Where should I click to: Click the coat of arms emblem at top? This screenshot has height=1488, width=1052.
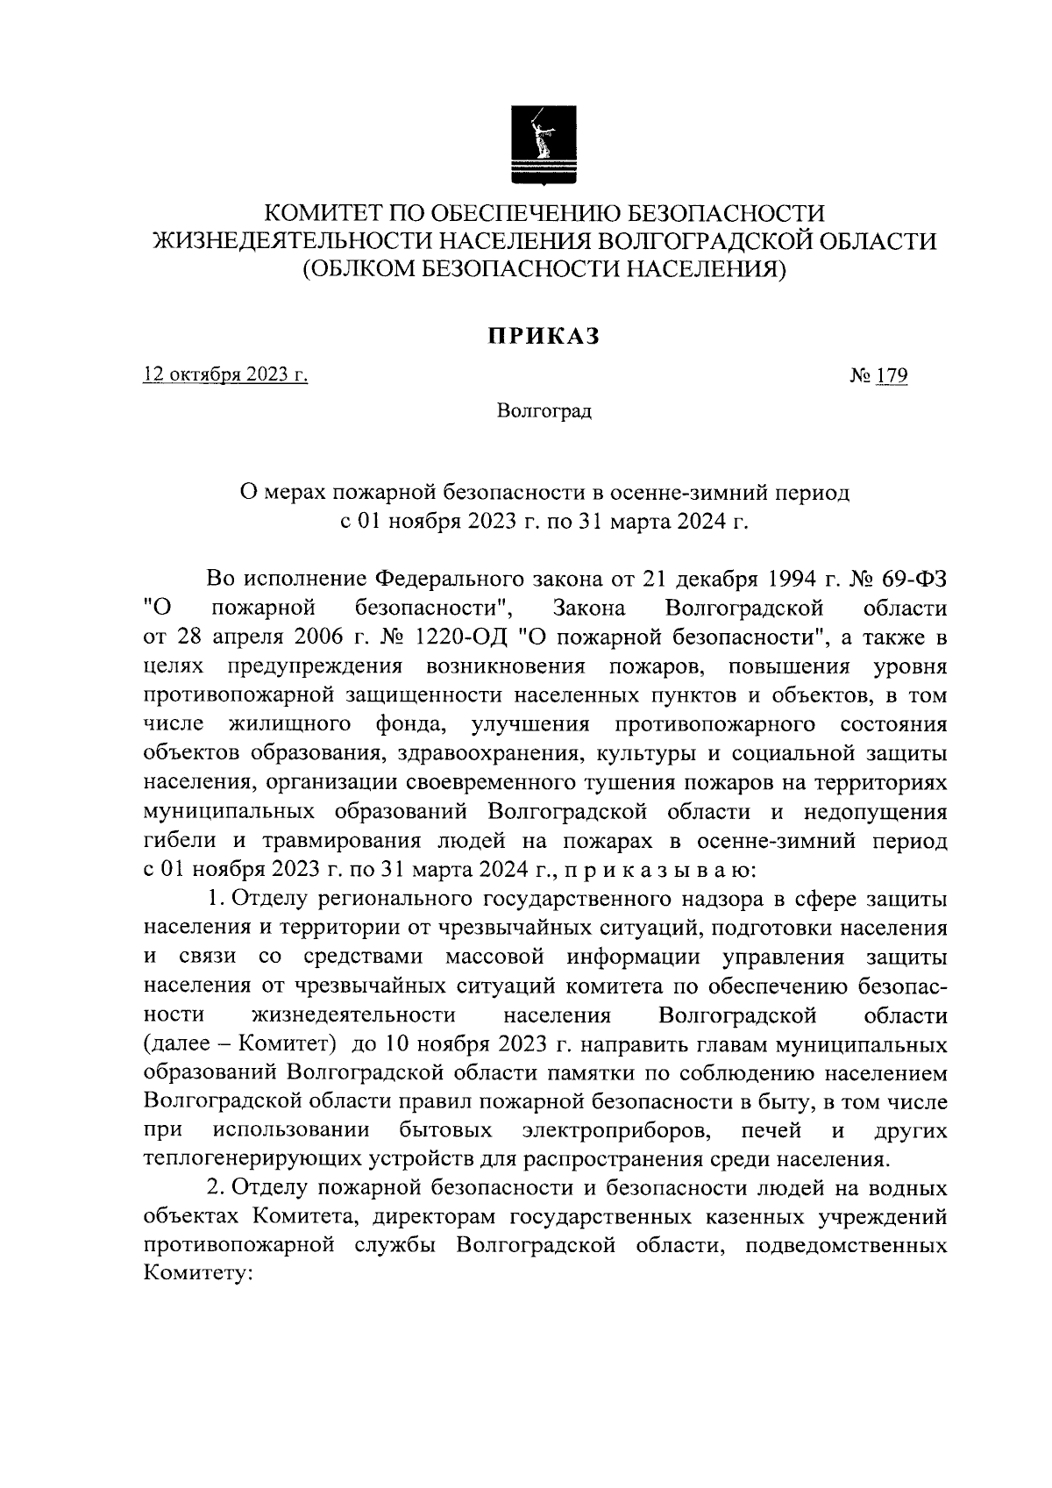pyautogui.click(x=544, y=145)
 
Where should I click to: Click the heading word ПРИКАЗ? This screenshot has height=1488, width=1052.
pyautogui.click(x=544, y=336)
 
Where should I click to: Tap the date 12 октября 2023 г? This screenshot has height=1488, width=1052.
pyautogui.click(x=226, y=376)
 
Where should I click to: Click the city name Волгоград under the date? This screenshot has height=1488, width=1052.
pyautogui.click(x=544, y=411)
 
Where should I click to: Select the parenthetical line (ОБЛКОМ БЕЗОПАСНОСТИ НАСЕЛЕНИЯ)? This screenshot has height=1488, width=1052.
pyautogui.click(x=544, y=269)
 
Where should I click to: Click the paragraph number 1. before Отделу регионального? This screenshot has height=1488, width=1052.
pyautogui.click(x=215, y=900)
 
